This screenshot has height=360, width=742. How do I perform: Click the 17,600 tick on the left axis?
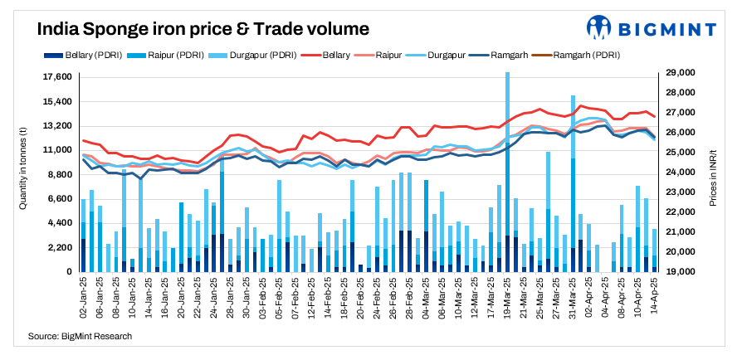pos(56,77)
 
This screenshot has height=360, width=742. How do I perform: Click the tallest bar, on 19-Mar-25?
pos(507,166)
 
